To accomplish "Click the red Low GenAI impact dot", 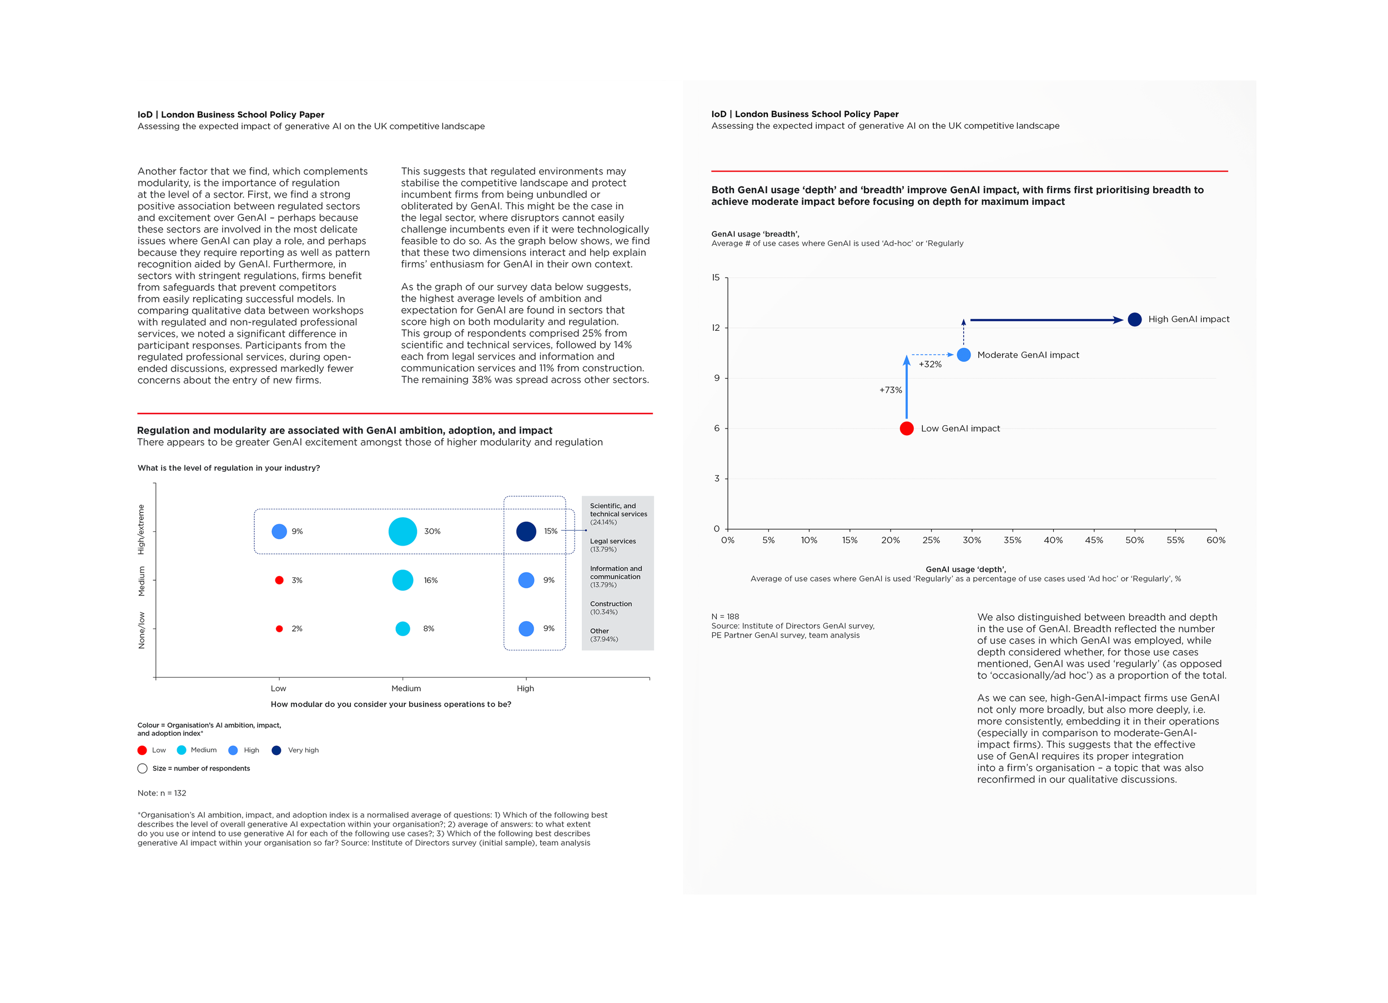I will tap(906, 429).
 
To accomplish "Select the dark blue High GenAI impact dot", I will tap(1134, 320).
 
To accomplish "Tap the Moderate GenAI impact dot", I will tap(963, 355).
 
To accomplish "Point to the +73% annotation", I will tap(891, 390).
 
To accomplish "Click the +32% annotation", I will tap(929, 364).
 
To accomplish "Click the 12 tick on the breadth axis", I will tap(716, 328).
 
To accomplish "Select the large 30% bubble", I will tap(403, 531).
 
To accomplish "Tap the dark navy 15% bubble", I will tap(526, 531).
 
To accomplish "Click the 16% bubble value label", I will tap(431, 580).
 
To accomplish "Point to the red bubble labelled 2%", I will tap(279, 628).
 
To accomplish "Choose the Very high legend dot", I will tap(276, 750).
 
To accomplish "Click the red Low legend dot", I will tap(142, 750).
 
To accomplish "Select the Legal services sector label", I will tap(612, 542).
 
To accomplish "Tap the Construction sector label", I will tap(611, 604).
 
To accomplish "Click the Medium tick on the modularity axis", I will tap(406, 688).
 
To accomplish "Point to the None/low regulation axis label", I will tap(142, 631).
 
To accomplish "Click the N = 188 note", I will tap(725, 616).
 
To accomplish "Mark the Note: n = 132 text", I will tap(162, 793).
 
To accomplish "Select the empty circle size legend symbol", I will tap(143, 769).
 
